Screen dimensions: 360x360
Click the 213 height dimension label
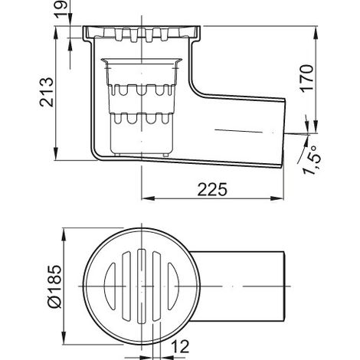(47, 92)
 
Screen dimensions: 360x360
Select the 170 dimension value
(306, 78)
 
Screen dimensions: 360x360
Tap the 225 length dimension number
(212, 189)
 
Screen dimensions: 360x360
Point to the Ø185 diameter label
(55, 286)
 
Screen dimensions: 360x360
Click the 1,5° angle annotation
(311, 160)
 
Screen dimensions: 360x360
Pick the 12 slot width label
(180, 346)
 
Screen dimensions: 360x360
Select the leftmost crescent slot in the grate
(110, 286)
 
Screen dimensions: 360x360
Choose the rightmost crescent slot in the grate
(173, 286)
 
